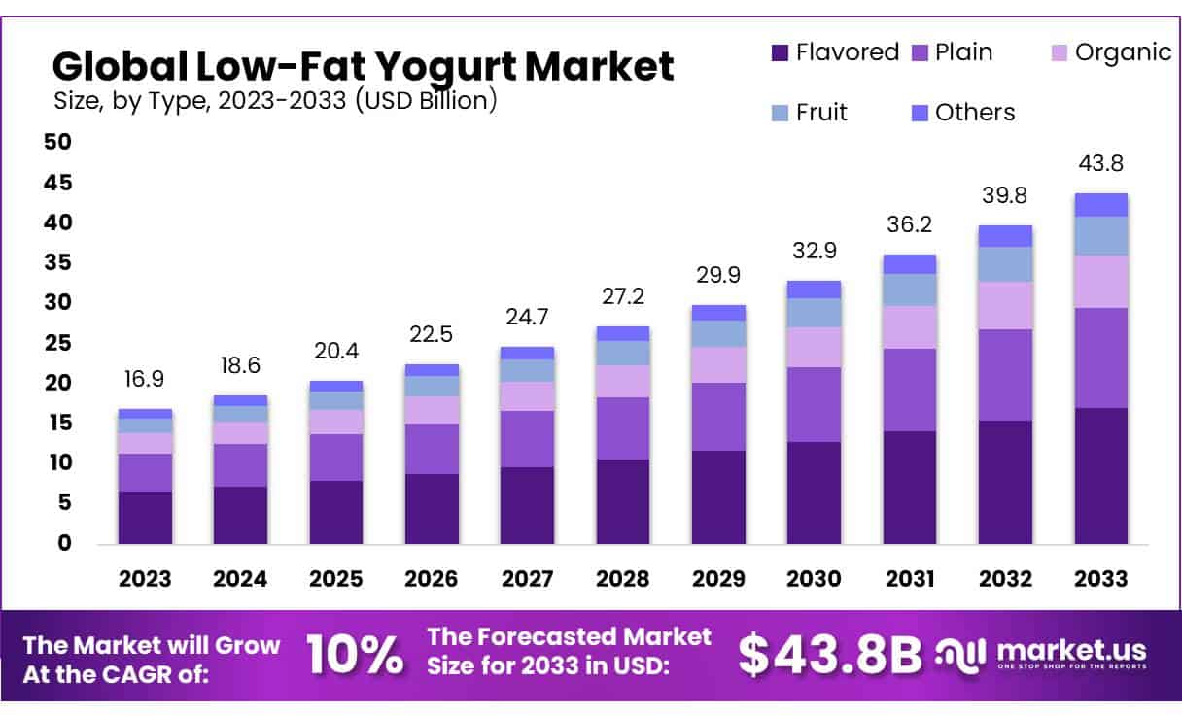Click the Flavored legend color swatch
point(778,53)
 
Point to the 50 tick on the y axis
point(58,143)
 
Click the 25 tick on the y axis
point(58,343)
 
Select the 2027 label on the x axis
point(528,579)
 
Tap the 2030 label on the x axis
point(815,579)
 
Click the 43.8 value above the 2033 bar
point(1100,164)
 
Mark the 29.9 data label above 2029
point(718,276)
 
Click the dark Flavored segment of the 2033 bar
point(1100,476)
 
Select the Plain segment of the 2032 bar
point(1005,375)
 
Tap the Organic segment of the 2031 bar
point(910,327)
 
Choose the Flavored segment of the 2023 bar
point(145,517)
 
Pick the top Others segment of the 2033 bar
point(1100,205)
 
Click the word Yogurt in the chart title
point(440,66)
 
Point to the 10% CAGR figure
point(355,656)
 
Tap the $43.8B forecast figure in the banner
point(829,656)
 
